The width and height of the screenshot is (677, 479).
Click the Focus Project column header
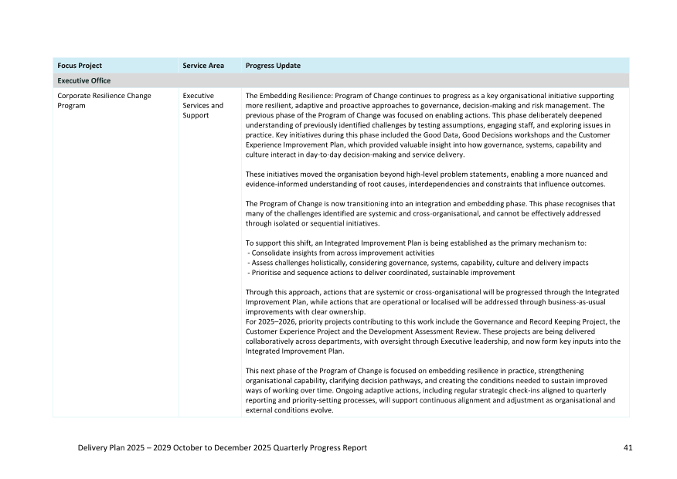80,66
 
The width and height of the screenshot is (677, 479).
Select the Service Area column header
203,66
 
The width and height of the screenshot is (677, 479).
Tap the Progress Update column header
273,66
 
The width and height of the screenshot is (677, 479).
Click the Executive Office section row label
83,80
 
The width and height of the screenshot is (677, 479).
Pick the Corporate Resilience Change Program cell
104,100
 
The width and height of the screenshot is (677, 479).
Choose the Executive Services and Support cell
203,105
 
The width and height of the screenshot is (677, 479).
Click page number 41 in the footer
627,448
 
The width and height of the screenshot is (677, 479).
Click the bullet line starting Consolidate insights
341,253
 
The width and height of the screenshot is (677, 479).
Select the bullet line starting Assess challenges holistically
417,263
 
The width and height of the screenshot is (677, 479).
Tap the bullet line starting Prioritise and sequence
381,273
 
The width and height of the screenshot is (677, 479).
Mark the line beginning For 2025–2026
432,321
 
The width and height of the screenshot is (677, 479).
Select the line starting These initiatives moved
426,174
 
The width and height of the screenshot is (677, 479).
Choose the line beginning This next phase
414,371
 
